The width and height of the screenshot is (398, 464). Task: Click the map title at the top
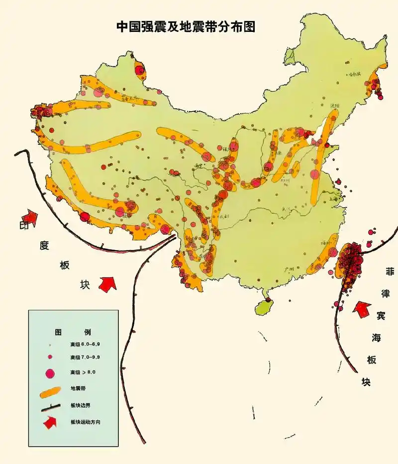click(x=186, y=27)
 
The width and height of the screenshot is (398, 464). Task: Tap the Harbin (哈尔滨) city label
click(x=354, y=74)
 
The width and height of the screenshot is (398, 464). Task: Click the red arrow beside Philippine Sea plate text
click(x=362, y=309)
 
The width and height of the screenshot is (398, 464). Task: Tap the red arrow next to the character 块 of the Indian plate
click(x=107, y=284)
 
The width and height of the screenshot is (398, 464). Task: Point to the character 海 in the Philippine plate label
click(x=377, y=338)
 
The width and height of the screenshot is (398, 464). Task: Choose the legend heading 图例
click(x=73, y=332)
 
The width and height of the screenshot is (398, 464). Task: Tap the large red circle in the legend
click(x=49, y=373)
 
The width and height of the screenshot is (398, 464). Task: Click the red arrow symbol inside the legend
click(x=50, y=423)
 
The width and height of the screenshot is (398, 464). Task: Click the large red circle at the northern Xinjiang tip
click(x=140, y=70)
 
